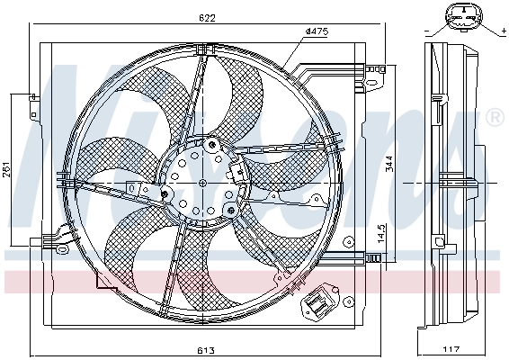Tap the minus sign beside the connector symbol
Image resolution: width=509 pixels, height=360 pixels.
(x=424, y=31)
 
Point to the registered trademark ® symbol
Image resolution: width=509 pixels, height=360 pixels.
(x=494, y=118)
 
